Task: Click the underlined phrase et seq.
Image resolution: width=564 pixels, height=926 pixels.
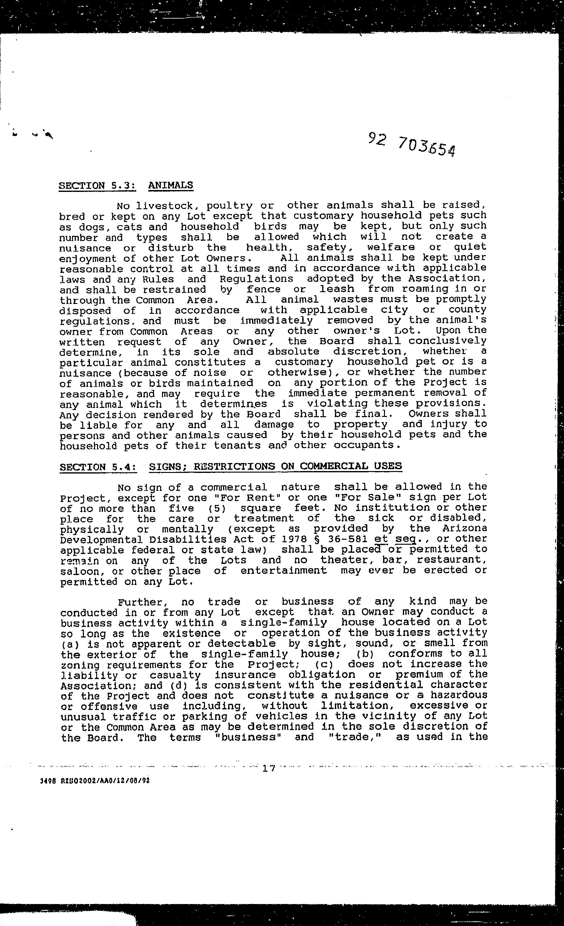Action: point(395,539)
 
